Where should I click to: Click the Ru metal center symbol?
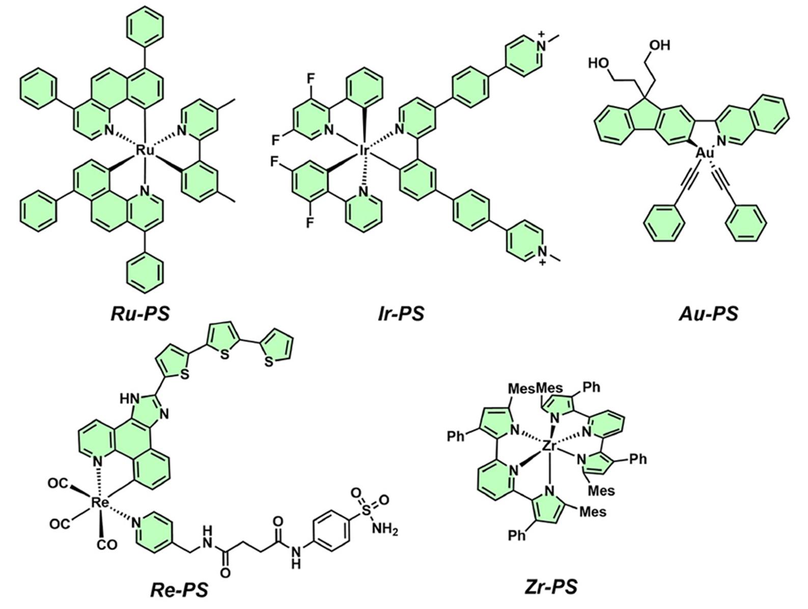[146, 151]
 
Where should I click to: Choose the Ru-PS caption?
[141, 314]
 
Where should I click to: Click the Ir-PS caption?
[401, 314]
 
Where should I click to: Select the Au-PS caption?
[709, 314]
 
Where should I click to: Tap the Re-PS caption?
[179, 589]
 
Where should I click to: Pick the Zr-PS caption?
[551, 586]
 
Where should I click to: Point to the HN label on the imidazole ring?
[128, 398]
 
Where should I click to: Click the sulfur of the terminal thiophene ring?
[269, 362]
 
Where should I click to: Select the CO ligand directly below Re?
[107, 545]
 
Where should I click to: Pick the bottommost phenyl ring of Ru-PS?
[145, 273]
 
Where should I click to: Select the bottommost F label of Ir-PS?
[310, 222]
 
